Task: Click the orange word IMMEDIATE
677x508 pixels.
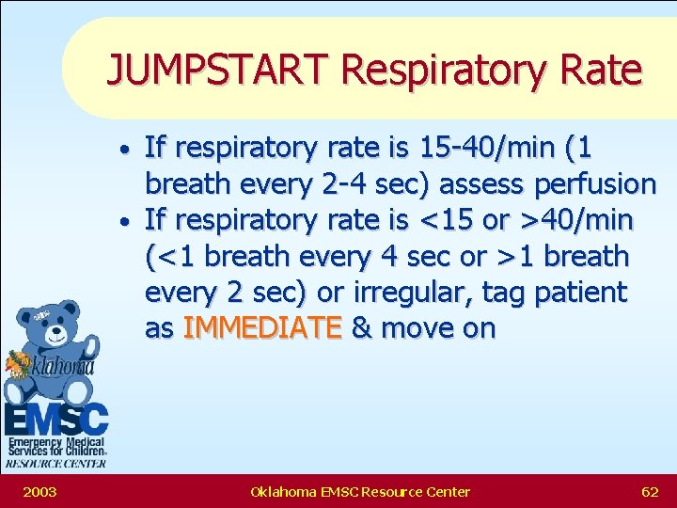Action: click(262, 328)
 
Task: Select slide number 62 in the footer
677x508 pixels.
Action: click(649, 491)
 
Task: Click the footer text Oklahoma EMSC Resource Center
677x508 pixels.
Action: click(361, 491)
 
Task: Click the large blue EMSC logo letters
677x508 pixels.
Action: click(55, 418)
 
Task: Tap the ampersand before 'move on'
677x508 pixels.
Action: click(360, 328)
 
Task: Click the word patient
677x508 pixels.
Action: click(581, 293)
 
